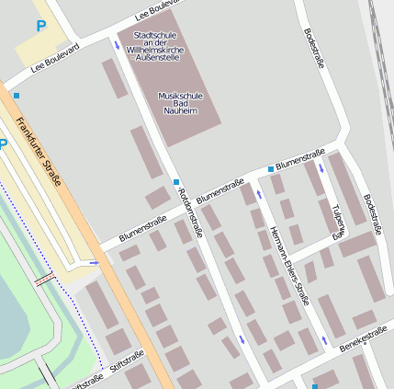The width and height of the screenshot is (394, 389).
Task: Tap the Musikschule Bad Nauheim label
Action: [x=178, y=103]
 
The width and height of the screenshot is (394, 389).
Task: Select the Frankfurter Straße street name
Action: [x=38, y=152]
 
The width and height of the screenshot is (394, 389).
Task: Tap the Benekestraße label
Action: [x=364, y=342]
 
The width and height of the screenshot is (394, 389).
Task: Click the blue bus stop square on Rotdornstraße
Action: [x=175, y=182]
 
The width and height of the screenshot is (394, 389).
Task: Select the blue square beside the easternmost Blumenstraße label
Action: [x=270, y=170]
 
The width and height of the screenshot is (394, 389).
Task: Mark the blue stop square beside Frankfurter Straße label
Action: [x=16, y=96]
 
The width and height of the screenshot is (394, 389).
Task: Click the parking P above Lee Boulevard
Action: [x=40, y=27]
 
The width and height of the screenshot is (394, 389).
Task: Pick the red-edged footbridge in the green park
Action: [x=43, y=279]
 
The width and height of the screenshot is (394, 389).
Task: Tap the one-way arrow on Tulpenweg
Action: [x=321, y=169]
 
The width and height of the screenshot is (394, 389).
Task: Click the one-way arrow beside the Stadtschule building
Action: [x=116, y=43]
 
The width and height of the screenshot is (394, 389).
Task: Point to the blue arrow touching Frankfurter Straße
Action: [x=94, y=263]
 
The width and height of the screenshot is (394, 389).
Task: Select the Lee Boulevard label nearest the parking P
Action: [x=55, y=57]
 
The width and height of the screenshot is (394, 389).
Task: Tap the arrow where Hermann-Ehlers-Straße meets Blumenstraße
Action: [x=260, y=194]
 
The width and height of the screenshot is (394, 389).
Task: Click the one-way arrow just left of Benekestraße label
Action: [x=324, y=341]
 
